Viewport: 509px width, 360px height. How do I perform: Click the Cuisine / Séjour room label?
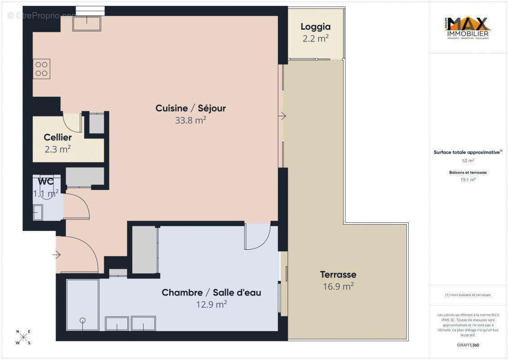(190, 108)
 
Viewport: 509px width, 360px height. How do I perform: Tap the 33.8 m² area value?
(190, 120)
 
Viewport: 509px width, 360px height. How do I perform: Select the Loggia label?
(315, 27)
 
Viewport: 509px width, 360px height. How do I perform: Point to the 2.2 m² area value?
(315, 39)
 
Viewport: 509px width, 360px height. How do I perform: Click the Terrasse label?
(338, 274)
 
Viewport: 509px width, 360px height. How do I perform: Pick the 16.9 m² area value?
(338, 286)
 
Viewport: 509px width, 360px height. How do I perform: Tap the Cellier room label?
(58, 137)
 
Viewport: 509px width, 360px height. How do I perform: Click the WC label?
(46, 182)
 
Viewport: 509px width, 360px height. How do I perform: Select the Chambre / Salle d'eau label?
(211, 292)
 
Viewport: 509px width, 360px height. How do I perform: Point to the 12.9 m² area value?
(211, 305)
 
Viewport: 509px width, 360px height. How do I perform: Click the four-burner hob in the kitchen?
(41, 69)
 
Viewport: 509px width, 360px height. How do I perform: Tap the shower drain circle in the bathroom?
(82, 320)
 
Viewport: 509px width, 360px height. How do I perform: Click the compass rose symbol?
(23, 337)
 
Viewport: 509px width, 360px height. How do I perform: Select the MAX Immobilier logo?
(468, 27)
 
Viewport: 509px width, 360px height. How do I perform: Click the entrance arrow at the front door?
(56, 255)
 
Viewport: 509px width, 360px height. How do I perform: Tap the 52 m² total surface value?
(468, 161)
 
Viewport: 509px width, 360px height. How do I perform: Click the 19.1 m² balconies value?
(468, 179)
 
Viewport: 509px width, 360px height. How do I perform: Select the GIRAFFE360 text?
(468, 345)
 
